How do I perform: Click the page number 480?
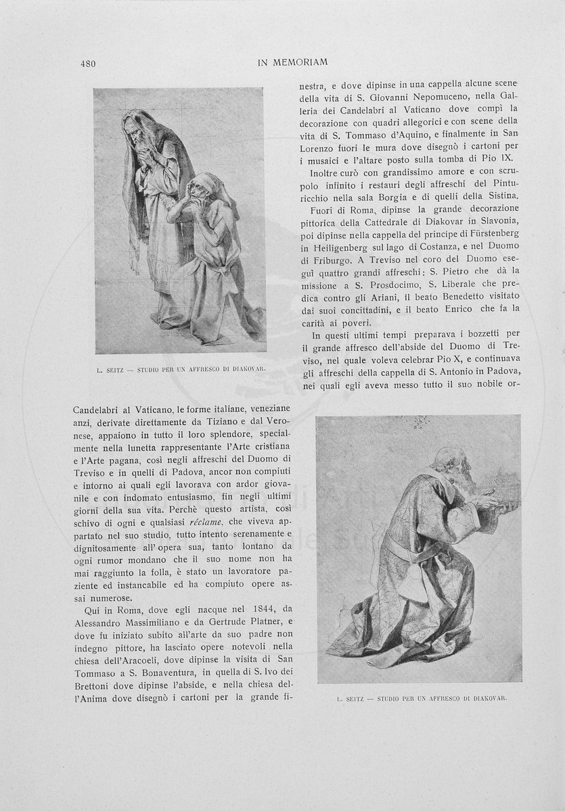click(87, 64)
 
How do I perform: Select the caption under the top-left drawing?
click(179, 370)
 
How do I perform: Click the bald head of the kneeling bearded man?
click(447, 459)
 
